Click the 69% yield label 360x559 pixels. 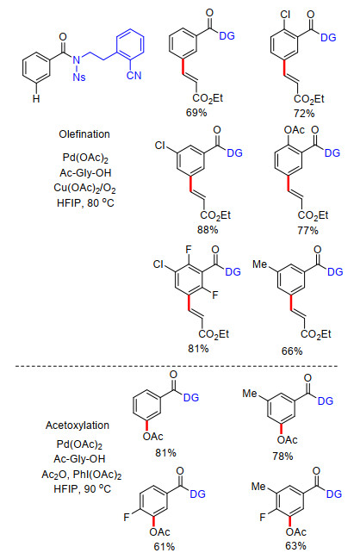196,113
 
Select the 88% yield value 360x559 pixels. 208,230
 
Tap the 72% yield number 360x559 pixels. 304,114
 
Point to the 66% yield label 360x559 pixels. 292,351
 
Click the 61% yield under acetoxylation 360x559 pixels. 164,547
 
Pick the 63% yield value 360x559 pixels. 296,546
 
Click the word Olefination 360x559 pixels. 84,134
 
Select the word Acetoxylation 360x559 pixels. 78,425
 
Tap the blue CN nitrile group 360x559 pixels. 134,75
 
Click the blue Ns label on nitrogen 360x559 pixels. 79,77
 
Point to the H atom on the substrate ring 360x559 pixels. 36,99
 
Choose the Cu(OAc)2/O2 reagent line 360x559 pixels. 84,188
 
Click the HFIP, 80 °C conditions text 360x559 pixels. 85,203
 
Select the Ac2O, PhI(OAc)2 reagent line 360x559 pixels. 82,475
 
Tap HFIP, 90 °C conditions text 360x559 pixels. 83,488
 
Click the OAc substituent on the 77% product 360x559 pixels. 295,130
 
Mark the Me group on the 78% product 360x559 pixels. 250,394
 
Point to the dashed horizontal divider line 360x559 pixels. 177,366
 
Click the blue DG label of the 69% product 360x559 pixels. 227,35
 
